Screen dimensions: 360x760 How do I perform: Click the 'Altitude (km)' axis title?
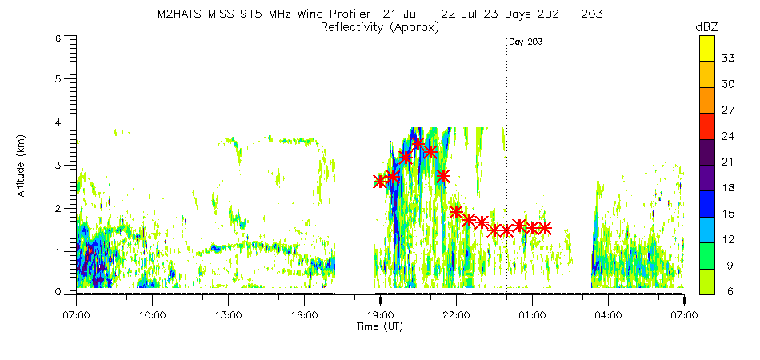(x=22, y=166)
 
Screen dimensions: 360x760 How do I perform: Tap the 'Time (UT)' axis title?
(x=380, y=327)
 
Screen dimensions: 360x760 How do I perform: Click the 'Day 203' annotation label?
(x=526, y=42)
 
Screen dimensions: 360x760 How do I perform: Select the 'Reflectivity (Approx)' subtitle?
(x=380, y=27)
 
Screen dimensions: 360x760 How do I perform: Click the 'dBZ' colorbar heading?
(x=707, y=27)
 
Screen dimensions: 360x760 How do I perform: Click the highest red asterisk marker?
(x=418, y=143)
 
